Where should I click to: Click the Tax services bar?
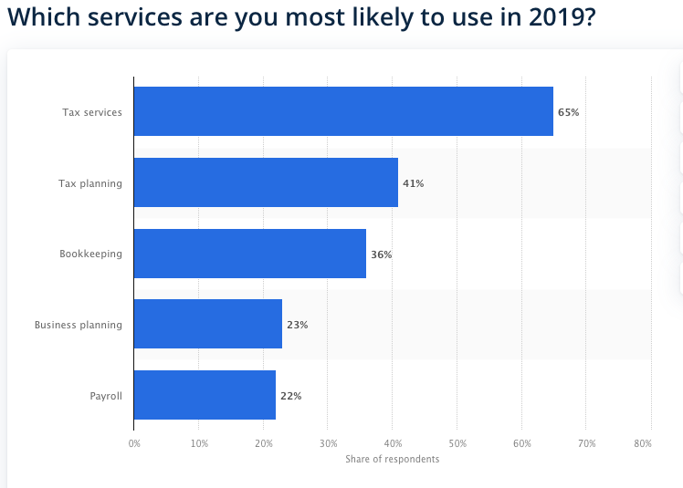(343, 111)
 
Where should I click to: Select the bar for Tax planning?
(266, 182)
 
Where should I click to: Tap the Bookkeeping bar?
(249, 254)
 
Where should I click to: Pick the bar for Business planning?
(208, 325)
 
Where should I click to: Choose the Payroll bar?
(205, 395)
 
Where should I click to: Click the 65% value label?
(568, 112)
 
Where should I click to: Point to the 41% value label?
(413, 183)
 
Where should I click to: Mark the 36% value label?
(381, 254)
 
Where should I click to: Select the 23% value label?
(297, 326)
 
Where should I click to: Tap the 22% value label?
(290, 396)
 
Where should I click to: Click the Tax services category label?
(92, 112)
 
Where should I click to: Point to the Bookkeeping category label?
(90, 254)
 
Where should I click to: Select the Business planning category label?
(79, 325)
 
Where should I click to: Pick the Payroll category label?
(106, 396)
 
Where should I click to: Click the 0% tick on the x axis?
(134, 443)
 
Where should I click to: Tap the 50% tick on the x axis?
(457, 443)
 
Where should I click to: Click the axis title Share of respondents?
(392, 459)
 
